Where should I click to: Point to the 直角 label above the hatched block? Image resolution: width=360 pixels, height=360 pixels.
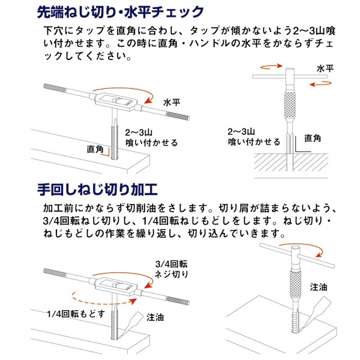pyautogui.click(x=313, y=138)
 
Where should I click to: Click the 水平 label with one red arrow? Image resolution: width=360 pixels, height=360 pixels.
pyautogui.click(x=172, y=103)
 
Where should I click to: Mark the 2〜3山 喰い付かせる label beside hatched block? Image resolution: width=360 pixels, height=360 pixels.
pyautogui.click(x=253, y=137)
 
